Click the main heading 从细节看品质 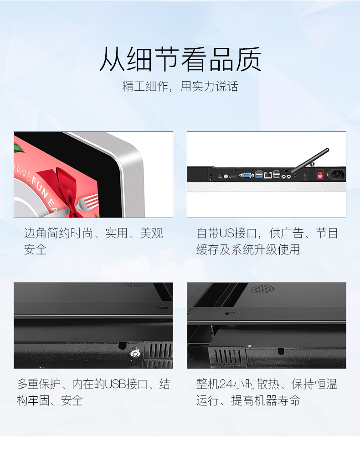pos(180,60)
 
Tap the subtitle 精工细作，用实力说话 pos(180,86)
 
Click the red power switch pos(320,174)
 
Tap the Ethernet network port pos(268,174)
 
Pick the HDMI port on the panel pos(233,175)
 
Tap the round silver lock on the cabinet pos(135,352)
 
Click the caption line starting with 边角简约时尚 pos(93,233)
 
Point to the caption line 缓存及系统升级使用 pos(248,250)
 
